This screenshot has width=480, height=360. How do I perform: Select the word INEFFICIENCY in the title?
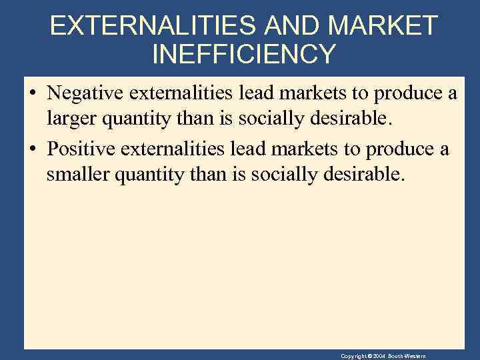point(244,54)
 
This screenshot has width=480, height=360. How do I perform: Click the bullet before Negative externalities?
point(33,95)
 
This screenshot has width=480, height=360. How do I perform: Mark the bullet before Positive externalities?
point(33,149)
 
